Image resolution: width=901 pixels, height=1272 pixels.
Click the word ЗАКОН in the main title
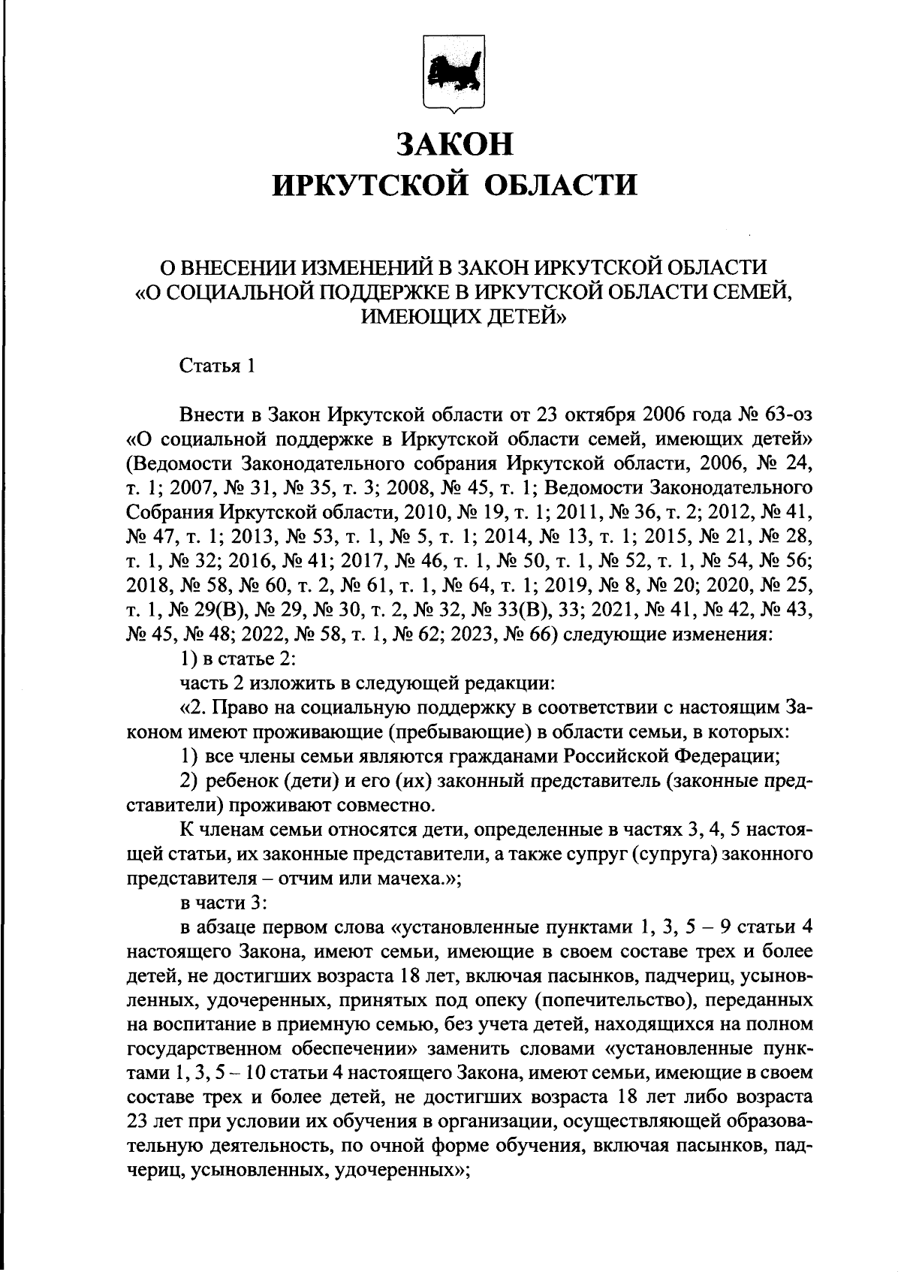(x=455, y=144)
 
